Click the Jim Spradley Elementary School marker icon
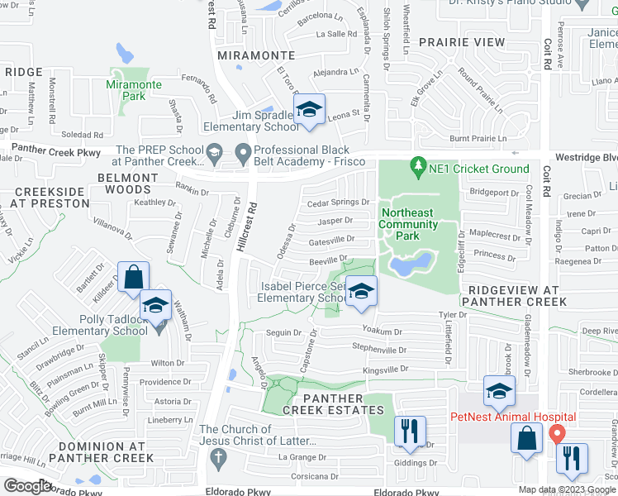(309, 110)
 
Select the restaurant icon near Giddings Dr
(410, 431)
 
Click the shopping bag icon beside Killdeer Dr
(134, 278)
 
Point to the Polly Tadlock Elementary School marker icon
(155, 305)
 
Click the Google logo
(27, 485)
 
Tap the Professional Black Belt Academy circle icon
(243, 152)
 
